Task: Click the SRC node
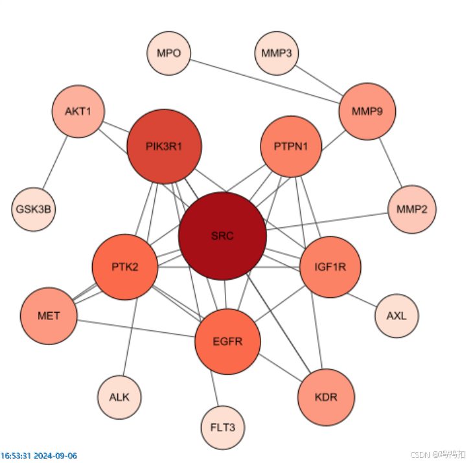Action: point(223,236)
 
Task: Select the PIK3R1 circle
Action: point(164,146)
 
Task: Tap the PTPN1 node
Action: point(291,146)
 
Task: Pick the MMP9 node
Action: point(367,111)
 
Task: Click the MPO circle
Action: point(169,53)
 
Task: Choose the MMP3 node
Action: point(277,53)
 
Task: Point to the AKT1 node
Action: point(78,111)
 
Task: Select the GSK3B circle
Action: point(34,210)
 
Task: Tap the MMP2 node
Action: point(411,210)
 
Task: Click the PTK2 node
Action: point(125,267)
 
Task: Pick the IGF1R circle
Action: point(330,267)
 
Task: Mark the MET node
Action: point(49,316)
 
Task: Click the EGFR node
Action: point(227,342)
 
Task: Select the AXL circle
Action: point(397,316)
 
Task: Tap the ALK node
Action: point(119,398)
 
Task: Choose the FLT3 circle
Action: point(223,428)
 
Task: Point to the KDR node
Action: point(326,398)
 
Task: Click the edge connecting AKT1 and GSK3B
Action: point(55,163)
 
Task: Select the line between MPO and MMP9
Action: point(265,82)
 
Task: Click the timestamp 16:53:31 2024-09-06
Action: point(39,455)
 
